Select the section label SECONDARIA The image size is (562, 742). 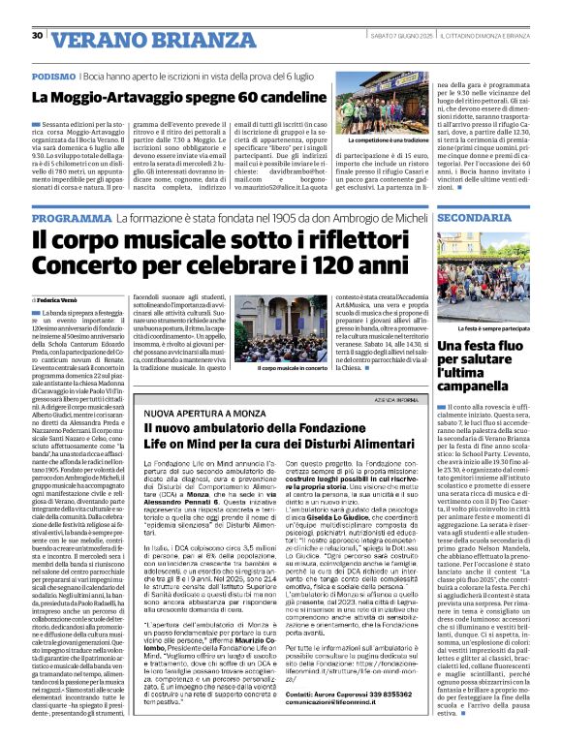pos(495,218)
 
